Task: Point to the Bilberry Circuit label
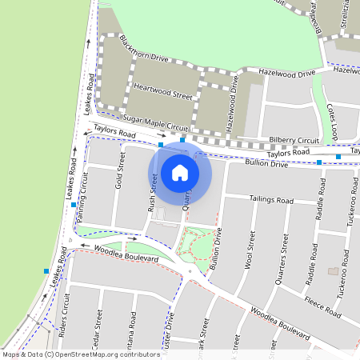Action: coord(294,139)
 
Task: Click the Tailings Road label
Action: coord(271,198)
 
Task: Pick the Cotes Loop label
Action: coord(334,120)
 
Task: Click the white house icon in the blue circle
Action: coord(180,171)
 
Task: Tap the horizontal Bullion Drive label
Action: coord(266,164)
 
